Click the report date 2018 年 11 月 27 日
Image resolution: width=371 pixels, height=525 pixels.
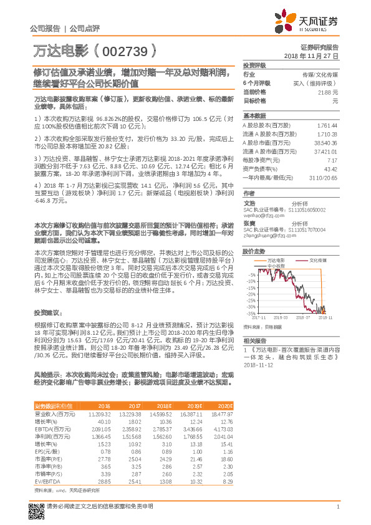[x=311, y=55]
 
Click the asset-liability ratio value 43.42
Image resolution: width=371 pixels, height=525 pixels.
[x=330, y=169]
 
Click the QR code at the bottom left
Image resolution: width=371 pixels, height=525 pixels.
[x=37, y=511]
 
